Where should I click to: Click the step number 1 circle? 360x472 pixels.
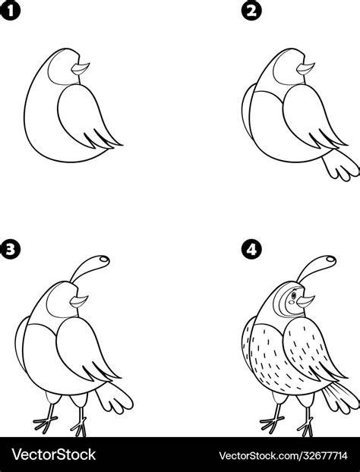click(10, 11)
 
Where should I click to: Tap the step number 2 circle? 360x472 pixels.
click(251, 11)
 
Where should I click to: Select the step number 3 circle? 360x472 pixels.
click(10, 249)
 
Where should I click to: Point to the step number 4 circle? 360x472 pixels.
click(251, 249)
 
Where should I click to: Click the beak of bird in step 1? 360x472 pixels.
click(81, 68)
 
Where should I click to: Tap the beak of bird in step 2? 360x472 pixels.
click(305, 68)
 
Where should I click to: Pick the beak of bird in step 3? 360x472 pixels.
click(79, 301)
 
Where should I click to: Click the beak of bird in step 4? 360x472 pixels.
click(305, 301)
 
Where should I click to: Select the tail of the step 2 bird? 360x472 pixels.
click(340, 165)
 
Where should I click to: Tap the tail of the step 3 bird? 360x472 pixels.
click(115, 398)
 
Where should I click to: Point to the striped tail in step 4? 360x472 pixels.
click(341, 398)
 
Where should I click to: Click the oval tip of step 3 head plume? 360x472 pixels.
click(104, 259)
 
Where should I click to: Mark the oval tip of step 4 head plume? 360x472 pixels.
click(330, 259)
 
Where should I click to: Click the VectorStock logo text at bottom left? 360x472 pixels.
click(54, 455)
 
